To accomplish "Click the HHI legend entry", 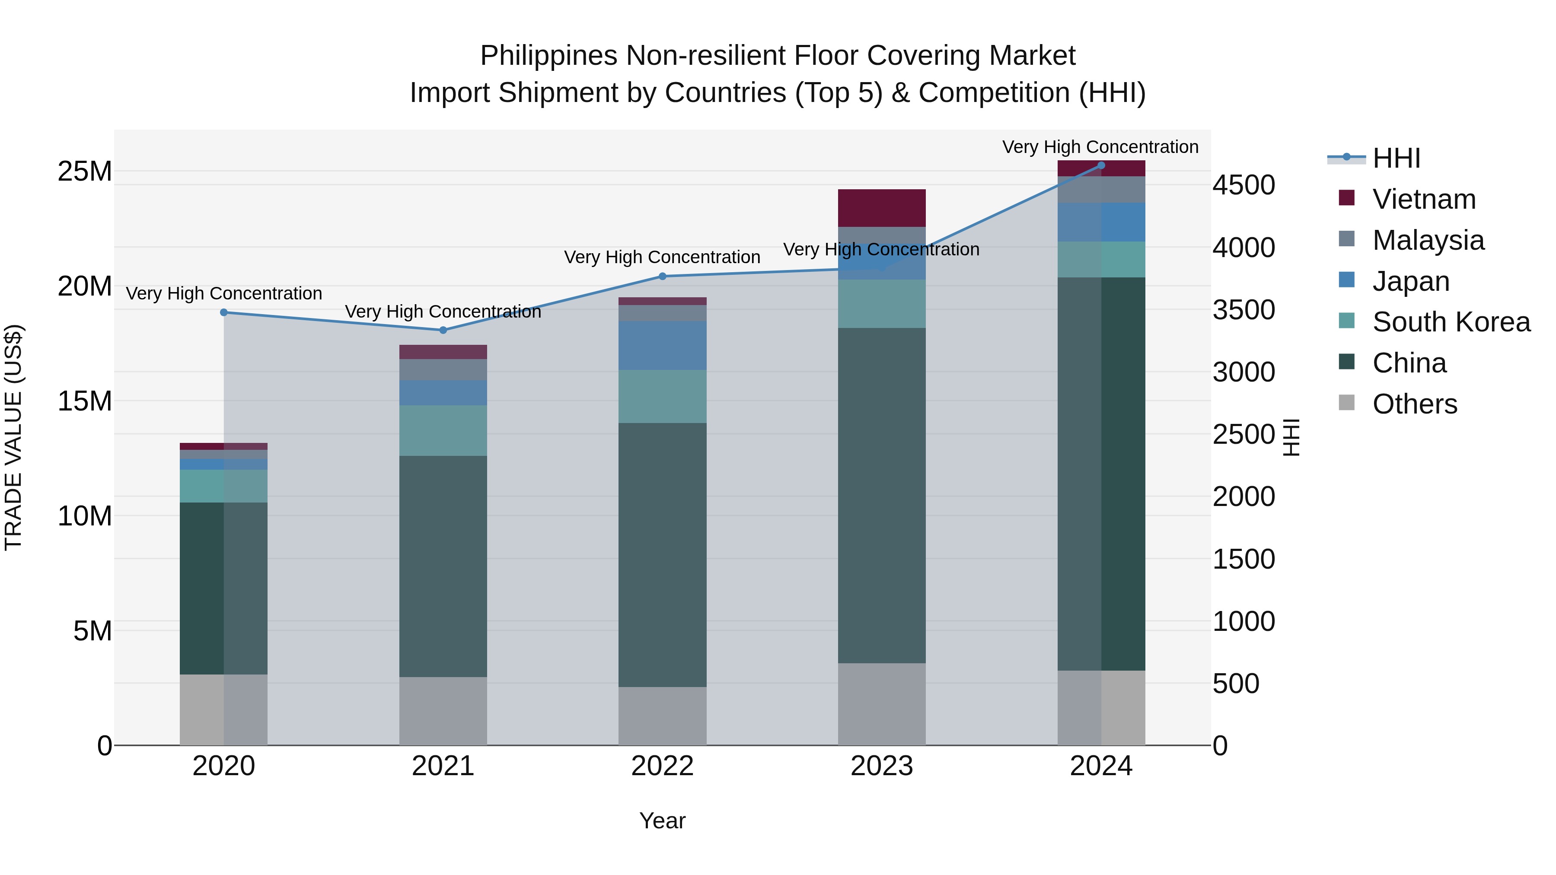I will (x=1395, y=158).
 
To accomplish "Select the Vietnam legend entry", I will (x=1423, y=199).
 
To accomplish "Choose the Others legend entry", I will (x=1414, y=404).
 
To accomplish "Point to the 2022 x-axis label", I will (x=662, y=766).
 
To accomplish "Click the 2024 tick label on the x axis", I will (x=1100, y=766).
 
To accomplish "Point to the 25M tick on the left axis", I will (x=85, y=172).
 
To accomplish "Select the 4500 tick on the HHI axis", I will (x=1244, y=185).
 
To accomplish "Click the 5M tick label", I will (x=92, y=631).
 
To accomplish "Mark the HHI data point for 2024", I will (x=1100, y=165).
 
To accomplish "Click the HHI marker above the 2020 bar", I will (x=223, y=312).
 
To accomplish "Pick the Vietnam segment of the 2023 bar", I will (x=881, y=208).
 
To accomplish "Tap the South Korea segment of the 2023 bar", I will (x=881, y=304).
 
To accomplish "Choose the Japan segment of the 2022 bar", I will (x=662, y=345).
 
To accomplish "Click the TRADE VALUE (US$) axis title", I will (x=13, y=437).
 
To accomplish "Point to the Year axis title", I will (x=662, y=821).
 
